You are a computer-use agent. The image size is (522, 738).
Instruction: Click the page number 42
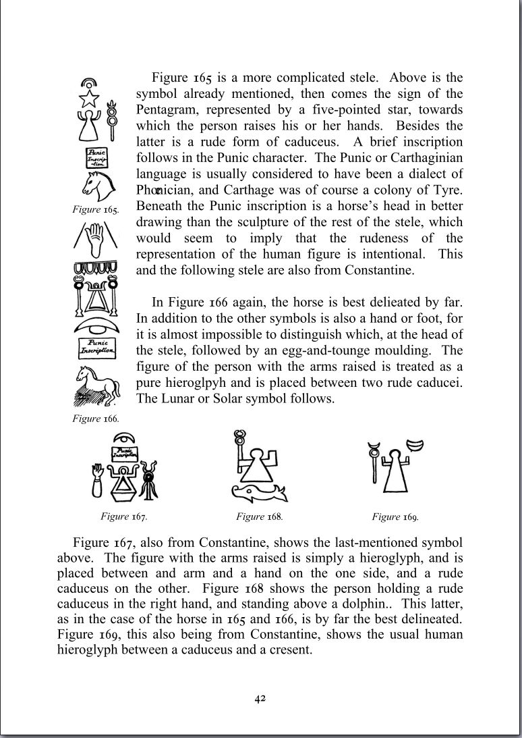point(260,698)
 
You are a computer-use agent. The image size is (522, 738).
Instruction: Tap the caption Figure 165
point(95,210)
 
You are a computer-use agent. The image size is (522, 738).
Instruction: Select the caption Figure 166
point(96,419)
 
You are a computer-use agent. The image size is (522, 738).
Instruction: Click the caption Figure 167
point(123,517)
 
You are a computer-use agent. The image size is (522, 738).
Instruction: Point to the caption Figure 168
point(259,517)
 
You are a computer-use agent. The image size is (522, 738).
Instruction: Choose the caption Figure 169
point(395,517)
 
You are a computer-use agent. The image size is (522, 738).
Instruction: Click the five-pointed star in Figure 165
point(90,99)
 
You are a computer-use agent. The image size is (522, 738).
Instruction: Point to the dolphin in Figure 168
point(259,493)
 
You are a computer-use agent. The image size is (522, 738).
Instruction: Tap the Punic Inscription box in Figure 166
point(96,347)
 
